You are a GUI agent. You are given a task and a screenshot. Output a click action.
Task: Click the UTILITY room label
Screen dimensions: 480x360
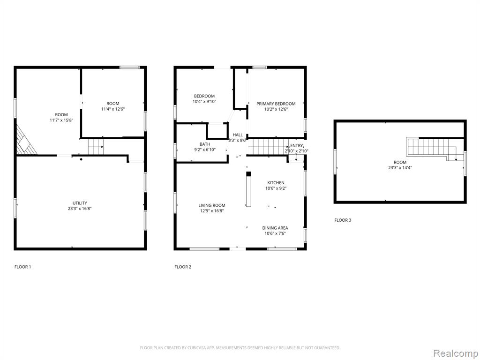(x=80, y=203)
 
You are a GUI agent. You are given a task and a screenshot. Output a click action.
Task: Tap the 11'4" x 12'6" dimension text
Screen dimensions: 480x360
(x=113, y=109)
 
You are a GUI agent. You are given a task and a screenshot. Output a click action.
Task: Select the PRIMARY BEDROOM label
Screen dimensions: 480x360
(x=276, y=104)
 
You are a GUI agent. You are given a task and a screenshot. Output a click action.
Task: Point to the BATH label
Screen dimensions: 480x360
(x=205, y=144)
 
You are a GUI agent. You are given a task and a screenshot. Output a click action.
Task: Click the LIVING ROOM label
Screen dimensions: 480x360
(x=212, y=205)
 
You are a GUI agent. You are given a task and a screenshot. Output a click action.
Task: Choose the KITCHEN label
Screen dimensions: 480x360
(x=276, y=183)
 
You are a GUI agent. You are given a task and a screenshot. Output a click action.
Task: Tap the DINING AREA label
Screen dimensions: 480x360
(x=275, y=228)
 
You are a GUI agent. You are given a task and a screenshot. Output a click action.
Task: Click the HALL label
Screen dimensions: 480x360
(x=238, y=135)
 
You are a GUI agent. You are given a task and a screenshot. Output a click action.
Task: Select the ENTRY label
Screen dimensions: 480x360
(x=296, y=145)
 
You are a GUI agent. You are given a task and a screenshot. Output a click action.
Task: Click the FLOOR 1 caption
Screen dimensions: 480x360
(x=22, y=267)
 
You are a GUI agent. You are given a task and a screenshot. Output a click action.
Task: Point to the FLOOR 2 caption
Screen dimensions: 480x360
(x=183, y=267)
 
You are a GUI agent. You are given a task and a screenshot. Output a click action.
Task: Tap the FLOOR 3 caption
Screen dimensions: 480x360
(x=343, y=220)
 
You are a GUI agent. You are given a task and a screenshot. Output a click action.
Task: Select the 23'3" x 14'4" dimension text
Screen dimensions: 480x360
(x=400, y=167)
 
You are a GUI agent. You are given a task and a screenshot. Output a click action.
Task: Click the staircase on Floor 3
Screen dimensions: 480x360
(x=435, y=149)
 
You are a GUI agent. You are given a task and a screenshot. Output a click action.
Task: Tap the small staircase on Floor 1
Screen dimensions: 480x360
(x=96, y=147)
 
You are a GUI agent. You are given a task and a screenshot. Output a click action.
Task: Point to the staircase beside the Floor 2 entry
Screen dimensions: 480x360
(x=268, y=147)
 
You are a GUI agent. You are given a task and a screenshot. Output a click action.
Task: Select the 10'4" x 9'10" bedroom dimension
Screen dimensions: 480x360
(x=204, y=101)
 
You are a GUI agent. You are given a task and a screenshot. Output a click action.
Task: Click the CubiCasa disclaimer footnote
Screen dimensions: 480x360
(x=240, y=348)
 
